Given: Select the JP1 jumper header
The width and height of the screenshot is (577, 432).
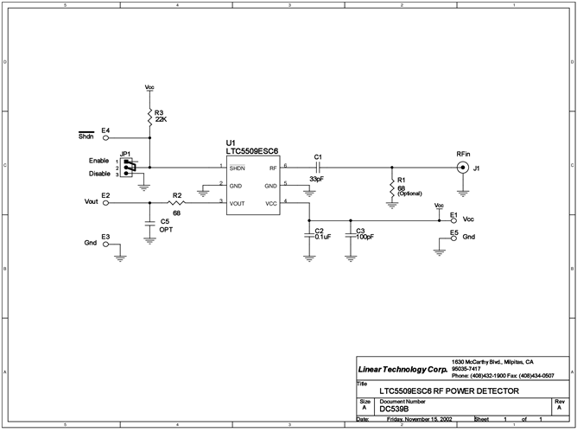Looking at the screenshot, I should (x=129, y=167).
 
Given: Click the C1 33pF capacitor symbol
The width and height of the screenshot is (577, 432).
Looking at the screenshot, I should (x=318, y=166).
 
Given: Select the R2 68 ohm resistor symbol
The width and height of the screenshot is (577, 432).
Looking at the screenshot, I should (x=176, y=203).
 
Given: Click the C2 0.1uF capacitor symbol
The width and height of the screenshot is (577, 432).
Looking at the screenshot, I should (x=309, y=234).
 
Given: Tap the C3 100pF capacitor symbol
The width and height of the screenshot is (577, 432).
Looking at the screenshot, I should (x=350, y=234).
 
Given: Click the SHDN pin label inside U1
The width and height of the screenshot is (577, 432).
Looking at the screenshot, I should (x=238, y=167).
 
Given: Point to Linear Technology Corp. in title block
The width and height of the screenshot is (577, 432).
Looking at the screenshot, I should (x=402, y=369).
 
